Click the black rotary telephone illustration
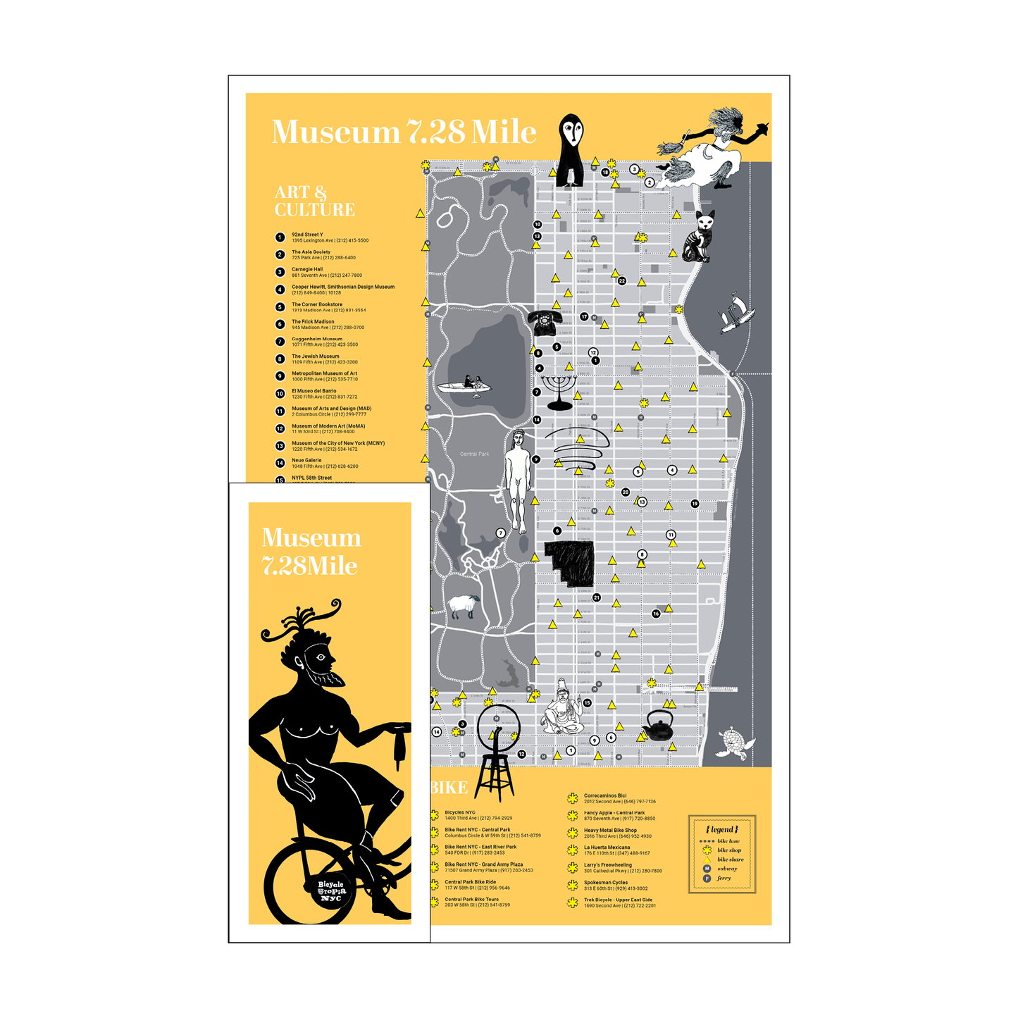[x=545, y=322]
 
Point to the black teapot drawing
[x=659, y=726]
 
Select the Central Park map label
[x=474, y=454]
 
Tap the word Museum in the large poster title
[x=335, y=132]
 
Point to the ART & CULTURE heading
[x=314, y=201]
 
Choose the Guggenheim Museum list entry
[x=325, y=342]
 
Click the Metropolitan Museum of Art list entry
[x=325, y=376]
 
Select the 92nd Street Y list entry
[x=330, y=237]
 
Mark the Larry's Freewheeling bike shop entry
[x=622, y=867]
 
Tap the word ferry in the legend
[x=724, y=878]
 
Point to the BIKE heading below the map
[x=449, y=788]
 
